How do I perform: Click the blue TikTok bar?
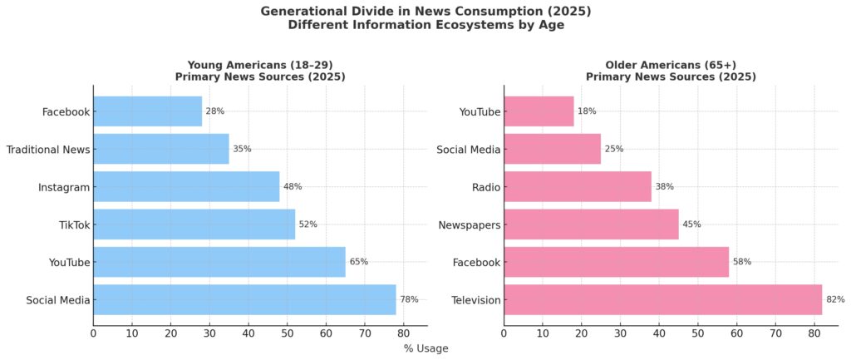[194, 224]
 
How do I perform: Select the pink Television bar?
[662, 300]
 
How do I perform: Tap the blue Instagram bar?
[186, 187]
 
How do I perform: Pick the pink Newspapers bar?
[591, 224]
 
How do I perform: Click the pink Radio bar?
[578, 187]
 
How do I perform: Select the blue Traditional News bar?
[160, 149]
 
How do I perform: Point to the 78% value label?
[410, 300]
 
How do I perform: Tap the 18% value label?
[587, 111]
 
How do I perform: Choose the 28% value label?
[215, 111]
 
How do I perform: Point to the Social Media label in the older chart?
[468, 150]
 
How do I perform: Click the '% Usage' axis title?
[425, 348]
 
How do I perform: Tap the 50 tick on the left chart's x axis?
[288, 333]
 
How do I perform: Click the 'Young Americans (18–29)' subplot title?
[259, 65]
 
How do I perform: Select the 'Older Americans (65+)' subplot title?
[670, 65]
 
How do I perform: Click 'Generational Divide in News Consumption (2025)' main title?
[425, 11]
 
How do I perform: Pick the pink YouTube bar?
[539, 111]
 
